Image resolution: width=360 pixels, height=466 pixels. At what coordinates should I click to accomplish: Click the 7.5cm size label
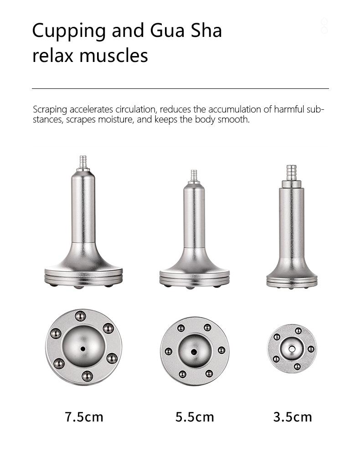pyautogui.click(x=84, y=417)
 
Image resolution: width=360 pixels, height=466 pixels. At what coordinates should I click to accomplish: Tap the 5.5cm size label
pyautogui.click(x=195, y=417)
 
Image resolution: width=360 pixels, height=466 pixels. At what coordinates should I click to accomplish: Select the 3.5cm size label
pyautogui.click(x=293, y=417)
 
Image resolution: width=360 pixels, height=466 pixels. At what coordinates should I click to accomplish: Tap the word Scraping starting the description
pyautogui.click(x=50, y=110)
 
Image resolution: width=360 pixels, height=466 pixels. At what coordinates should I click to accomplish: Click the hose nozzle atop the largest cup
pyautogui.click(x=83, y=162)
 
